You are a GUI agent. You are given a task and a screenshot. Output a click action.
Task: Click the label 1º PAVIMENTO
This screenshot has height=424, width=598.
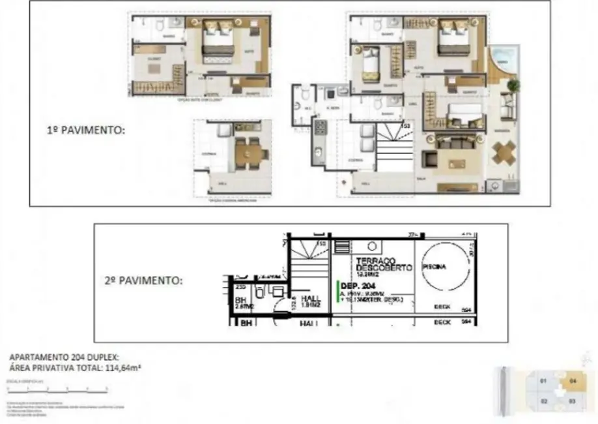[x=85, y=130]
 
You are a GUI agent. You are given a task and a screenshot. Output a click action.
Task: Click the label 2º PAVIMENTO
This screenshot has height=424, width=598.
[x=143, y=280]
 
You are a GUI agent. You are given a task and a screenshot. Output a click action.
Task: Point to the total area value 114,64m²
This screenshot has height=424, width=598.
[x=122, y=368]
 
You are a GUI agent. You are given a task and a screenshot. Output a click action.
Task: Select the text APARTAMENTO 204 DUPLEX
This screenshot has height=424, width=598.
[x=64, y=357]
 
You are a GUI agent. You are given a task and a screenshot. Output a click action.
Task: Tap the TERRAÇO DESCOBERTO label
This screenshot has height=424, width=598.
[x=384, y=264]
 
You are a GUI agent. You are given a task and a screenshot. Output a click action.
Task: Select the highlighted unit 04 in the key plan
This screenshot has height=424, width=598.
[x=573, y=380]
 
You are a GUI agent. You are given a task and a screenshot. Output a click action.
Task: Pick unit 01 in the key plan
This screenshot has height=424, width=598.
[x=543, y=380]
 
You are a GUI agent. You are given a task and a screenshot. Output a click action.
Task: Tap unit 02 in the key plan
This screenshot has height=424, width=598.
[x=543, y=401]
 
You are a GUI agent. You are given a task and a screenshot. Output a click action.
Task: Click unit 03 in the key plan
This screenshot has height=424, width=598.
[x=572, y=401]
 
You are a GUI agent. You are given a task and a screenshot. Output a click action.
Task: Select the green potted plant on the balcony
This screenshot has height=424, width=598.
[x=514, y=85]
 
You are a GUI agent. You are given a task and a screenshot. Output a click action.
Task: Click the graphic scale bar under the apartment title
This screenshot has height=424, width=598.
[x=57, y=389]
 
